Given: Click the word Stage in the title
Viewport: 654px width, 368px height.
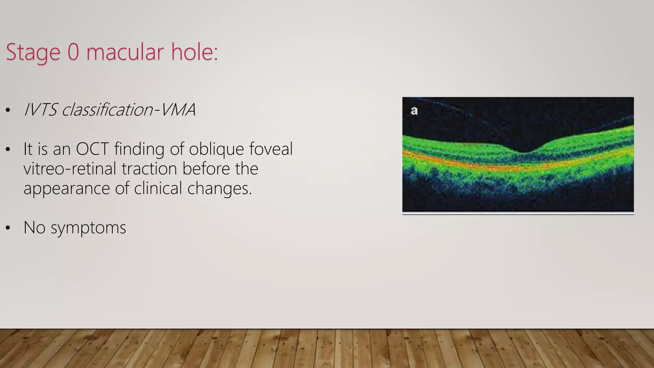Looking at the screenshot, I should pos(33,52).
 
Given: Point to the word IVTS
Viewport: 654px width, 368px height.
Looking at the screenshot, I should pos(40,110).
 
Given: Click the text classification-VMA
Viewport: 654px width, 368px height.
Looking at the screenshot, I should pos(128,110).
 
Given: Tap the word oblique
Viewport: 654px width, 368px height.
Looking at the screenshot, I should pos(216,149).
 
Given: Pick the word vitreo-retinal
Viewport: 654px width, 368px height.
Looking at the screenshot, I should pos(70,169).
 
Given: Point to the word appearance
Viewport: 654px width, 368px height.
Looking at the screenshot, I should pos(66,188).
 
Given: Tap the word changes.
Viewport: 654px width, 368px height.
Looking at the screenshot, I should pos(219,188).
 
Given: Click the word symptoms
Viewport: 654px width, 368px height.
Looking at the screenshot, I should pos(88,228).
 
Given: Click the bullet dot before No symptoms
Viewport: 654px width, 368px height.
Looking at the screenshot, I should pos(8,228).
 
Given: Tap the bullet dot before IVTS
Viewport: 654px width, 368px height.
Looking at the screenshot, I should pos(8,111).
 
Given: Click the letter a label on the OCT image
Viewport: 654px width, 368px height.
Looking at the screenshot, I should pos(414,111).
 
